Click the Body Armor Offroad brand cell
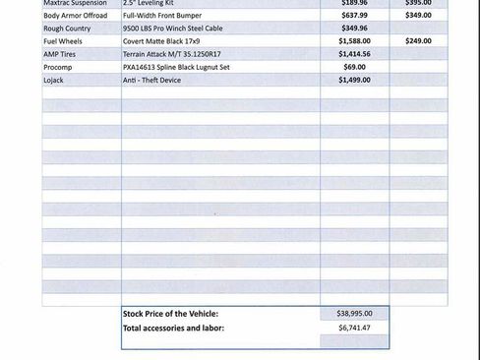point(75,16)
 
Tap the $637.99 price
point(354,16)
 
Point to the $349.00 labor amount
point(418,16)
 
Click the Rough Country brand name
point(67,29)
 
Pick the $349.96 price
point(354,29)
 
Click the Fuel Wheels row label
point(63,41)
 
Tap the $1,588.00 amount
point(354,41)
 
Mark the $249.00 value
point(418,41)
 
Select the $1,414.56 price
point(354,54)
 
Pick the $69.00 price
point(354,67)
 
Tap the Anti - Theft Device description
point(151,80)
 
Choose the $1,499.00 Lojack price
point(354,80)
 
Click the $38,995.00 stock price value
point(354,313)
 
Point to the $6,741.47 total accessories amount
point(354,327)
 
